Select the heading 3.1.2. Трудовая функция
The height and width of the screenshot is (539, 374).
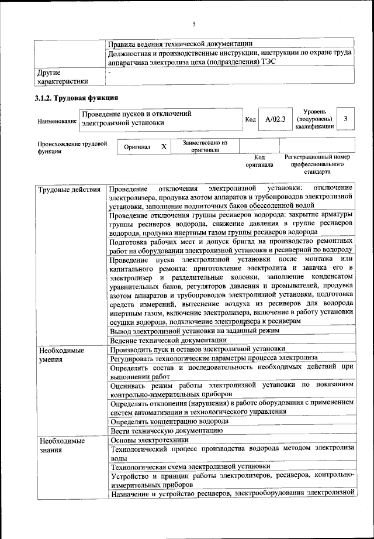point(77,98)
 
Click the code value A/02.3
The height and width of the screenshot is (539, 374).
point(275,119)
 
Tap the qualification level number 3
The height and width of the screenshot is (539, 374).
point(346,119)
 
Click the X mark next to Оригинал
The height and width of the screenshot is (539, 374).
point(164,147)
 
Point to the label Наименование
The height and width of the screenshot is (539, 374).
point(57,121)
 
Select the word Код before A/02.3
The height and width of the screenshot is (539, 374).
point(250,119)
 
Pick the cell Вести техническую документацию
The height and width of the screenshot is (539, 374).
point(166,431)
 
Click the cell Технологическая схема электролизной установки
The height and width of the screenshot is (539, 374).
point(190,467)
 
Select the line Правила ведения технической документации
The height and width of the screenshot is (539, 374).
point(181,43)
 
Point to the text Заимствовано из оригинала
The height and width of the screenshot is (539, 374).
point(205,146)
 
